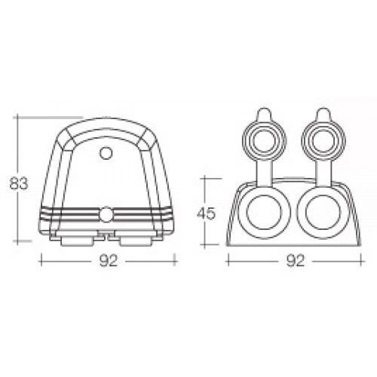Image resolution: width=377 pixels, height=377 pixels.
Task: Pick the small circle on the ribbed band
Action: coord(109,215)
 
